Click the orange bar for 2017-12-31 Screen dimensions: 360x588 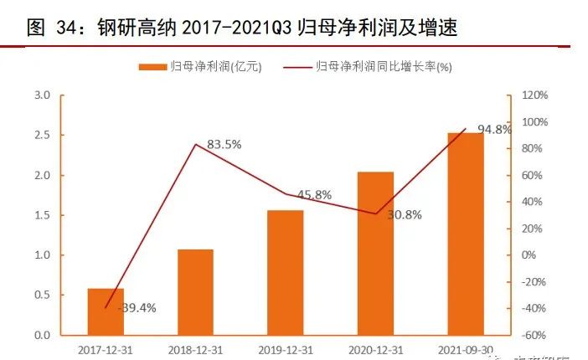[106, 311]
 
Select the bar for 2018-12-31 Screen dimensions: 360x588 [195, 292]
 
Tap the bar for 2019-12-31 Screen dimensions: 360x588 [285, 272]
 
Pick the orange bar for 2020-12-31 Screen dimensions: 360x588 [375, 253]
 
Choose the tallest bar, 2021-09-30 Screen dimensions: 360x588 [465, 234]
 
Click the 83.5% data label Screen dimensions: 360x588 [224, 145]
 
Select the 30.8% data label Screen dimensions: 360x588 [404, 214]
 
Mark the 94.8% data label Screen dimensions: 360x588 [494, 129]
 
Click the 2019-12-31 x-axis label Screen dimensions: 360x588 [285, 348]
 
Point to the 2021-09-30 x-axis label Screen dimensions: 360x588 [465, 348]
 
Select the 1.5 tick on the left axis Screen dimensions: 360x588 [42, 215]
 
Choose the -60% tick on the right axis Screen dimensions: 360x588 [533, 335]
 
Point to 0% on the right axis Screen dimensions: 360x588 [528, 255]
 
